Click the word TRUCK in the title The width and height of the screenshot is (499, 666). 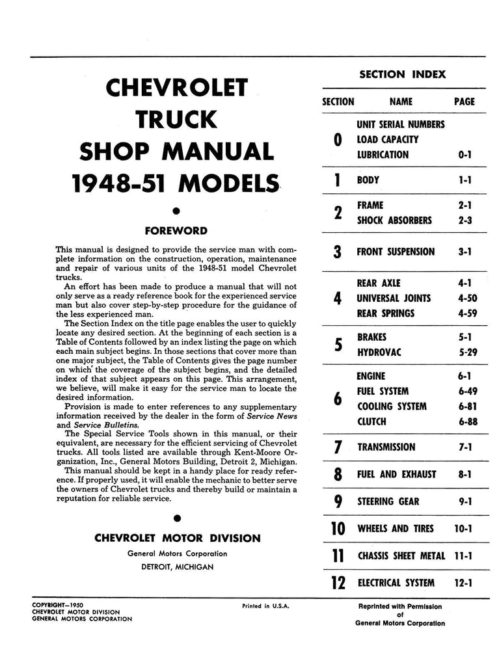[176, 119]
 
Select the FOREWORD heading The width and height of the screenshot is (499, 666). [177, 230]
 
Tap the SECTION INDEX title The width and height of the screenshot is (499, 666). [403, 74]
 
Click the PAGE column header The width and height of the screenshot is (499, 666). [464, 101]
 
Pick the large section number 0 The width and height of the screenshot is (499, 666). [338, 140]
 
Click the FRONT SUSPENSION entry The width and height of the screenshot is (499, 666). [396, 252]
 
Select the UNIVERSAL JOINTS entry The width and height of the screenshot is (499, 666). [394, 299]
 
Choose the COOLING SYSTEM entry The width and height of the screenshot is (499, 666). [392, 406]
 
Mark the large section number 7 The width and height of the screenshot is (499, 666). [338, 447]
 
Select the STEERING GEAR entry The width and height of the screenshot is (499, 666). [388, 501]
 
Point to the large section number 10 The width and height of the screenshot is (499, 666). [338, 529]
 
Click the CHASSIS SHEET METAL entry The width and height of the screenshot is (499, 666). [401, 555]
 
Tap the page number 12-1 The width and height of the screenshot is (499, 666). [463, 583]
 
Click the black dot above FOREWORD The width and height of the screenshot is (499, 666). [177, 210]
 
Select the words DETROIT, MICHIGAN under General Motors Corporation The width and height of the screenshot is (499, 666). [177, 566]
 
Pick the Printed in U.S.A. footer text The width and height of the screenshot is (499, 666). [265, 606]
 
